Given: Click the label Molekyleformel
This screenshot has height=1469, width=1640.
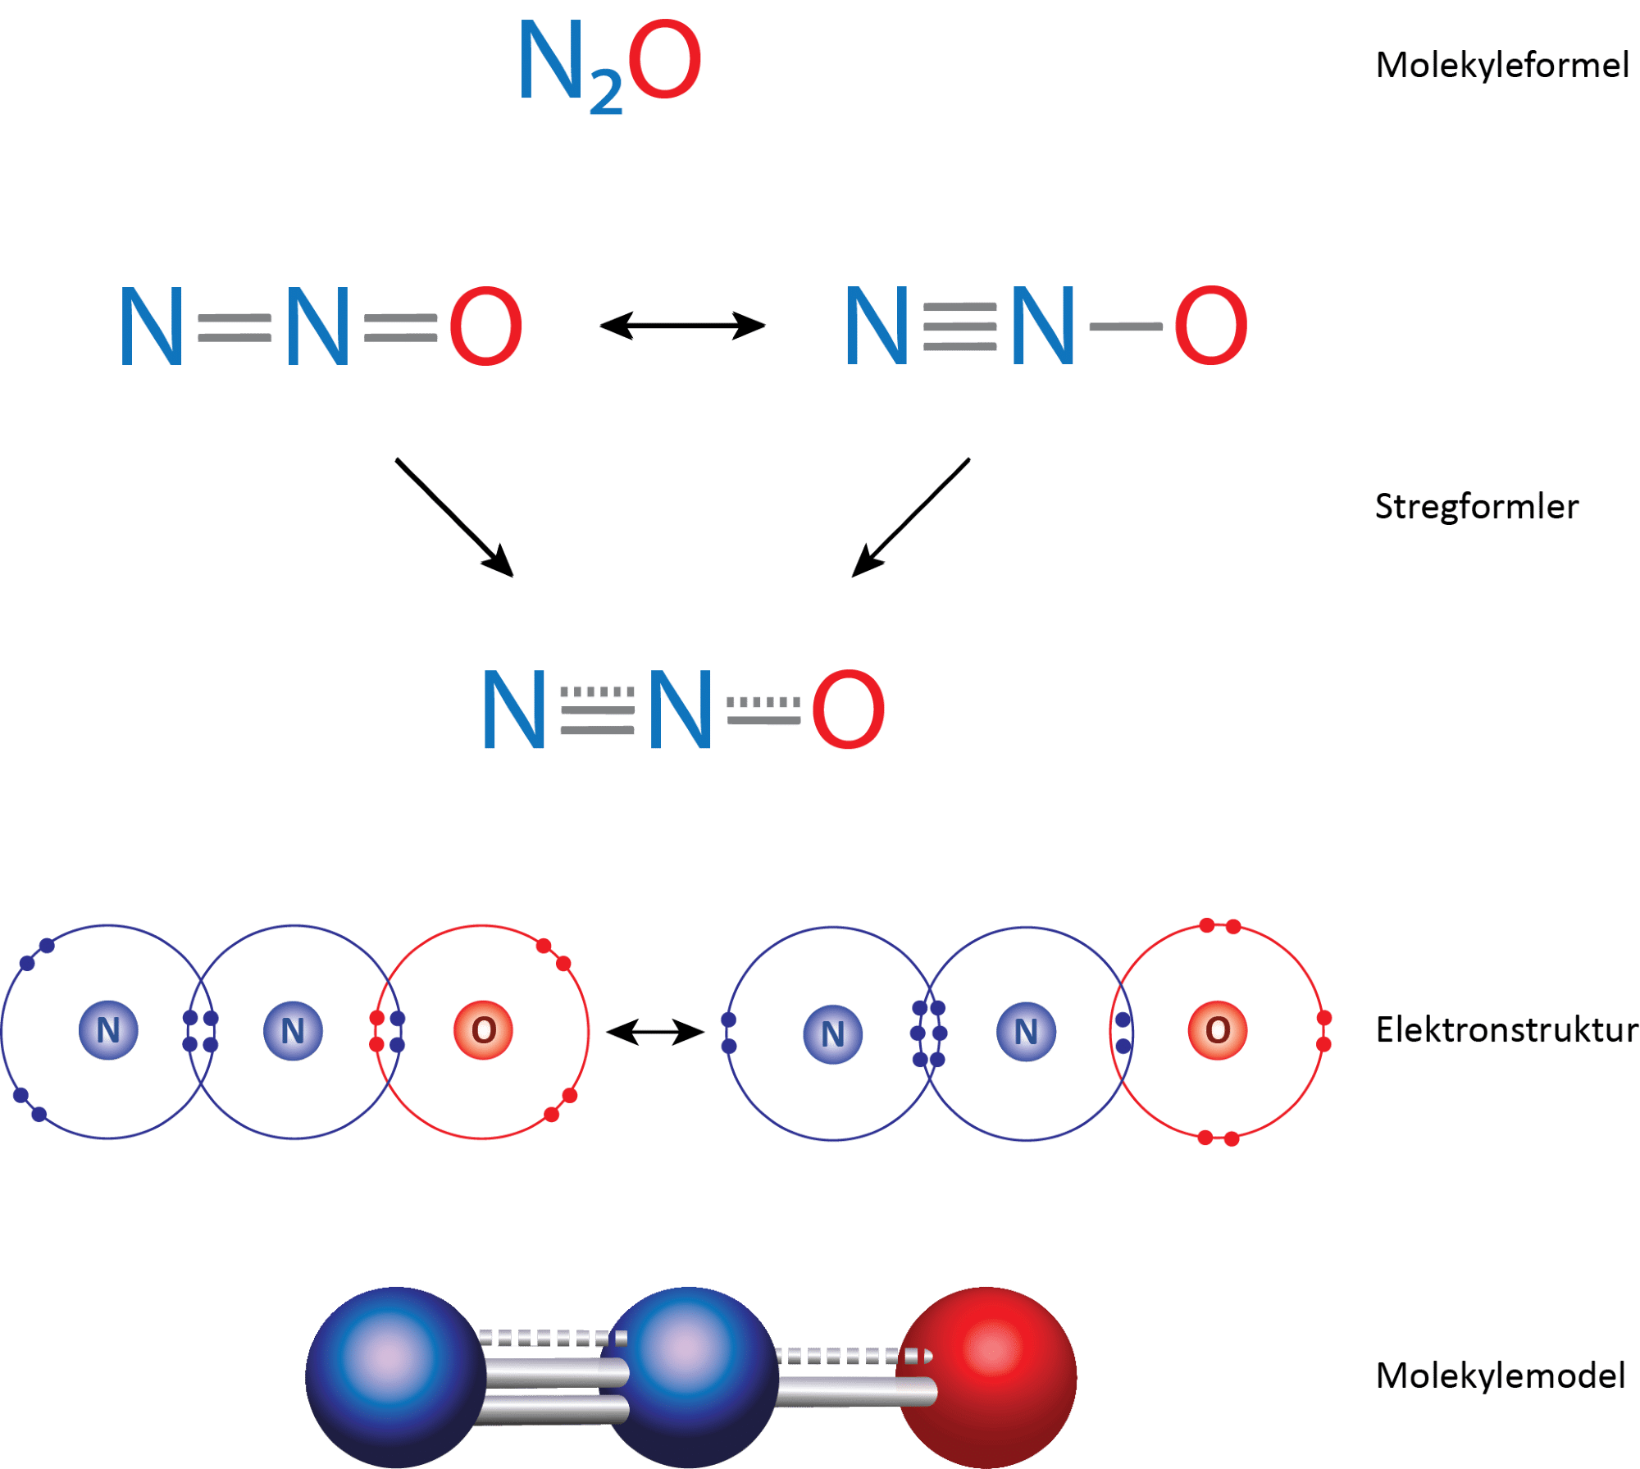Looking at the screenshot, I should tap(1501, 66).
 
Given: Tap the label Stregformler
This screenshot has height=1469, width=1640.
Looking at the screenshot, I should tap(1476, 507).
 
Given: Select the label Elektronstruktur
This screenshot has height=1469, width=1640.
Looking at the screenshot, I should tap(1506, 1030).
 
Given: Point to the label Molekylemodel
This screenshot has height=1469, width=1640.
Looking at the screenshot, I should tap(1500, 1375).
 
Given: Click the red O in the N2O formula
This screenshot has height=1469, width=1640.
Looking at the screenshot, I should tap(665, 61).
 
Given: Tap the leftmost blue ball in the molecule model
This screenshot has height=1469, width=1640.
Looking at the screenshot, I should tap(394, 1375).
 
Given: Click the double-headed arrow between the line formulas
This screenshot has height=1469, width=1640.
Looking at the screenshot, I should tap(682, 326).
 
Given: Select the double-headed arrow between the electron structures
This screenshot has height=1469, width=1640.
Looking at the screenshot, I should tap(655, 1032).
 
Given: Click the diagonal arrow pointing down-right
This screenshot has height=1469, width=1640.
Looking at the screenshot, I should tap(454, 518).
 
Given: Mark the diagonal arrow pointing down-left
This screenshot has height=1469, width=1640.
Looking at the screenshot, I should tap(910, 518).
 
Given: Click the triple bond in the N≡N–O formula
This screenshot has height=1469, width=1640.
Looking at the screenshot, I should tap(959, 326).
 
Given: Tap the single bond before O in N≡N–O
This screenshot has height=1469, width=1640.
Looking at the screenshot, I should tap(1125, 327).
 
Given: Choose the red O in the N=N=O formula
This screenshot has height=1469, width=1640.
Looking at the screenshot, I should tap(486, 326).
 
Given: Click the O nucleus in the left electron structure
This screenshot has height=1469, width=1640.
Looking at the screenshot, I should tap(484, 1030).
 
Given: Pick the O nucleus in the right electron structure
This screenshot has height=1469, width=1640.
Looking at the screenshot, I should tap(1218, 1030).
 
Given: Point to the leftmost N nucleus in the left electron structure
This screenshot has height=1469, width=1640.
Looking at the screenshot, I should tap(108, 1030).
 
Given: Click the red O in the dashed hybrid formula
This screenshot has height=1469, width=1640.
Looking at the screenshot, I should tap(849, 709).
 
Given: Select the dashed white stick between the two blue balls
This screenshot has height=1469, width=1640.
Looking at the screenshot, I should tap(553, 1338).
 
